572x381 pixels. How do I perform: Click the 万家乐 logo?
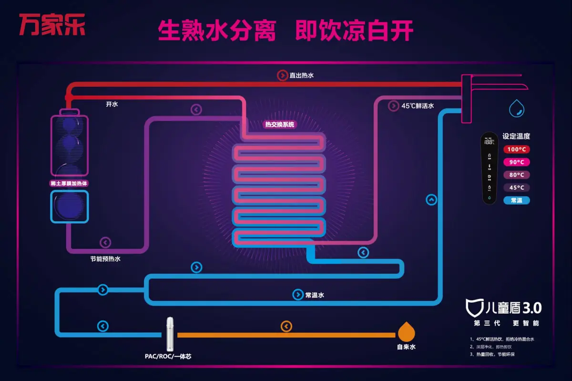pyautogui.click(x=52, y=25)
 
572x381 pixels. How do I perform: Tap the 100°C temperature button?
pyautogui.click(x=516, y=149)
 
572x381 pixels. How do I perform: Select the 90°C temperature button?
pyautogui.click(x=516, y=162)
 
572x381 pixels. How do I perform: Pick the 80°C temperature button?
pyautogui.click(x=516, y=175)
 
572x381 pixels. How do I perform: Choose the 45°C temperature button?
pyautogui.click(x=516, y=187)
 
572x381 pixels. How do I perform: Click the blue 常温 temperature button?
pyautogui.click(x=516, y=200)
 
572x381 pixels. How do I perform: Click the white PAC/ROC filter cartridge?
pyautogui.click(x=170, y=334)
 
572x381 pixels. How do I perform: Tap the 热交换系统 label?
pyautogui.click(x=280, y=125)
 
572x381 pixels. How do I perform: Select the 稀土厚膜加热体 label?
pyautogui.click(x=70, y=183)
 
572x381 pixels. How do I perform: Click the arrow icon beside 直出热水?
pyautogui.click(x=282, y=75)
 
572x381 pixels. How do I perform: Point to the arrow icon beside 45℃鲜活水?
pyautogui.click(x=394, y=106)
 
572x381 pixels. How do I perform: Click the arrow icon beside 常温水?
pyautogui.click(x=298, y=295)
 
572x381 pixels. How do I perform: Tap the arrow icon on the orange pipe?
pyautogui.click(x=286, y=327)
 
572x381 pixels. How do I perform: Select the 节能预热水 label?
pyautogui.click(x=105, y=259)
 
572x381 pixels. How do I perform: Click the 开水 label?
pyautogui.click(x=112, y=104)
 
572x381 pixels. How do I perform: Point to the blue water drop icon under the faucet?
pyautogui.click(x=516, y=108)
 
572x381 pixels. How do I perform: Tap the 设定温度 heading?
pyautogui.click(x=516, y=136)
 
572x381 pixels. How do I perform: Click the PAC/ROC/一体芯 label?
pyautogui.click(x=168, y=356)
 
